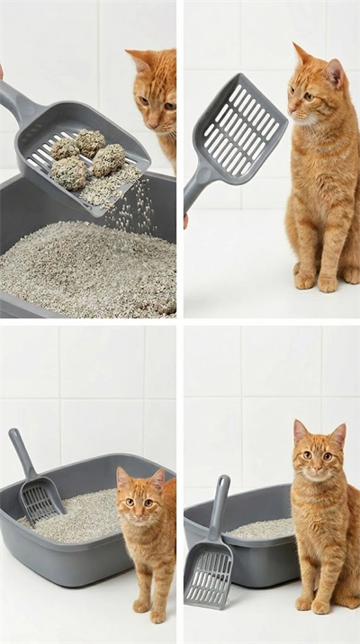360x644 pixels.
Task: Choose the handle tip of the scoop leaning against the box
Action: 220,482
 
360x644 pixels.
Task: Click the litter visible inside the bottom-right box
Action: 261,529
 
